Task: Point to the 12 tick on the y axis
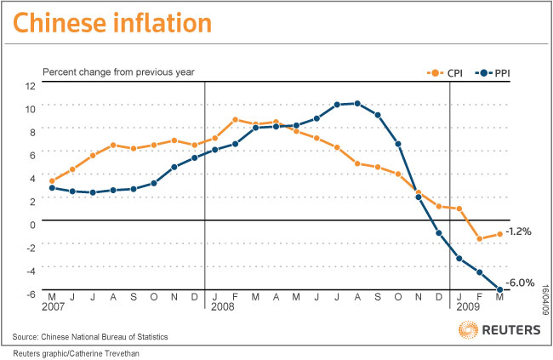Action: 30,86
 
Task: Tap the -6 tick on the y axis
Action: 30,294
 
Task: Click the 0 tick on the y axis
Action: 31,225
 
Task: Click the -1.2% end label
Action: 518,231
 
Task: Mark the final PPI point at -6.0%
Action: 499,290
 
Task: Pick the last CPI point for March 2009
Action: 499,234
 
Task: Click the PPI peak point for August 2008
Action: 357,103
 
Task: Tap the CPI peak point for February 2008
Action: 235,120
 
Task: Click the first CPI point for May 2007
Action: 52,180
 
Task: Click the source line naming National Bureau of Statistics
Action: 101,337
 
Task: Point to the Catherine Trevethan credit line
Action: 75,352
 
